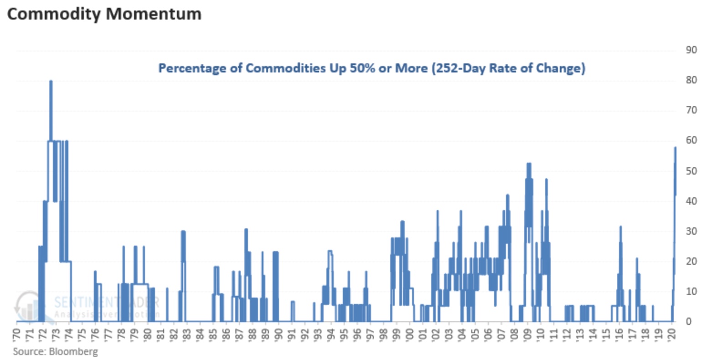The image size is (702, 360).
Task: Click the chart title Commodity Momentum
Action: (x=104, y=14)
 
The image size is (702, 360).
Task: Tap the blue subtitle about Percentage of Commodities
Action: (x=372, y=68)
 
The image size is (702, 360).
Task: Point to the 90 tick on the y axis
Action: (x=691, y=50)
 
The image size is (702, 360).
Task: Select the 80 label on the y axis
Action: (x=691, y=80)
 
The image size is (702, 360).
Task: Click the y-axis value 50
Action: (x=691, y=171)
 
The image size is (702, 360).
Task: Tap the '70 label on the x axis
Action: (x=17, y=335)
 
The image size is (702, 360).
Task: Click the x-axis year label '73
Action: (x=56, y=335)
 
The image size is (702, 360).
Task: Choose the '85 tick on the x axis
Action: (x=213, y=335)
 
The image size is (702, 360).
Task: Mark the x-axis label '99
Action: (x=397, y=335)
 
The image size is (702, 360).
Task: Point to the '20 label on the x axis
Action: (x=672, y=335)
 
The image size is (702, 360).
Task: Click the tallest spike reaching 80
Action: (x=51, y=82)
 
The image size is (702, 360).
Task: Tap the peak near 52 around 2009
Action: (x=528, y=164)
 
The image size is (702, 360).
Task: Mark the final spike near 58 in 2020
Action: (x=675, y=149)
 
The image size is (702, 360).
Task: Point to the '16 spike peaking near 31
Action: (x=620, y=227)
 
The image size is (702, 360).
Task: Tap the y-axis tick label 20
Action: (x=691, y=262)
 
